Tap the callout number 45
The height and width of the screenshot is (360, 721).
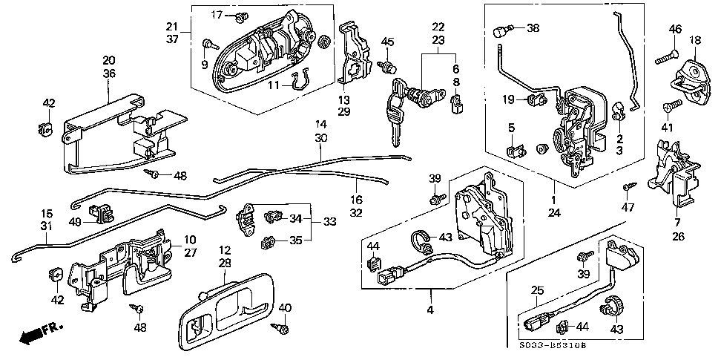click(388, 42)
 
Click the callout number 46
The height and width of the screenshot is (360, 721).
click(674, 29)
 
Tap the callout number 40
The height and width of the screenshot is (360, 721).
click(286, 308)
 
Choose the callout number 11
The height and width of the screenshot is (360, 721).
click(272, 86)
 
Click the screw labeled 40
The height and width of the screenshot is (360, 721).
click(282, 327)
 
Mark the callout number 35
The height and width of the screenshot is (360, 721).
click(295, 240)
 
